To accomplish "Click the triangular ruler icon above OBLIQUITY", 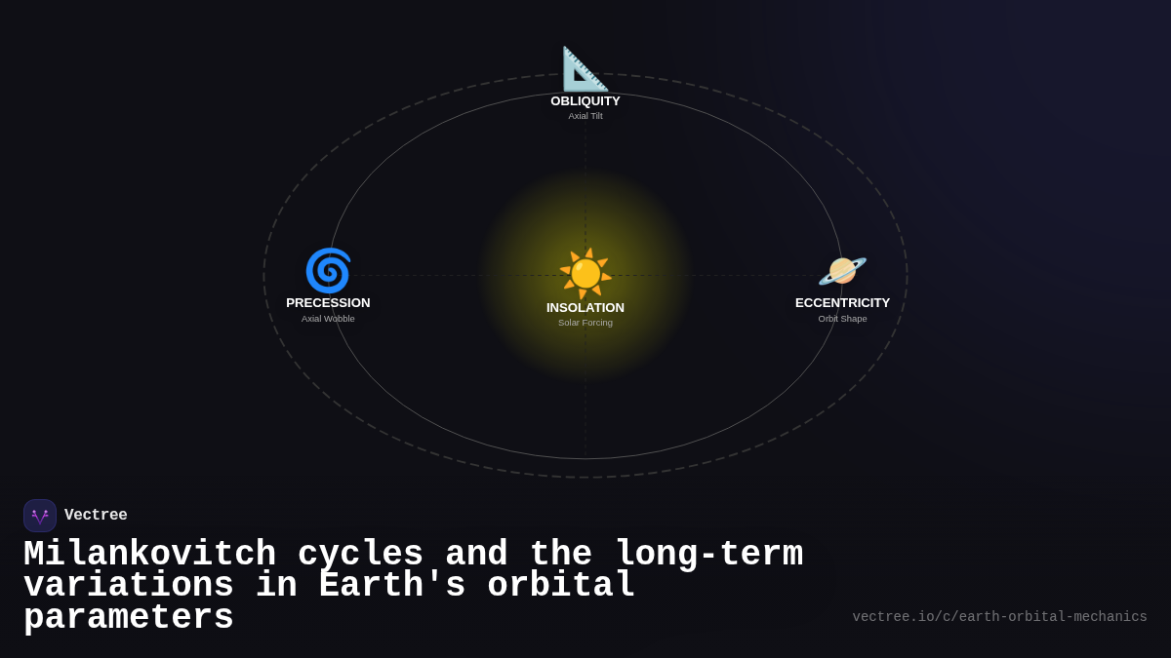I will pos(585,69).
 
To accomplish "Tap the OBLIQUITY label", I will pos(585,101).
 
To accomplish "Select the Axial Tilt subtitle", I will pos(585,116).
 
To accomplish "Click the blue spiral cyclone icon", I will pos(328,270).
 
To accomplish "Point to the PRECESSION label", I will pos(328,303).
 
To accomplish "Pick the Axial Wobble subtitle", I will pos(328,319).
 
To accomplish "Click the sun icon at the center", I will pos(585,273).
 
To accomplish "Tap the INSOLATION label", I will pos(585,308).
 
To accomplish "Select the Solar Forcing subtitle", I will pos(585,323).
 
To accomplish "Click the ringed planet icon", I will pos(842,270).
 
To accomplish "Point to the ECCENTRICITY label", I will pos(842,303).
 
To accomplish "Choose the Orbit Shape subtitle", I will pos(842,319).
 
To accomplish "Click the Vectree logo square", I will pos(40,516).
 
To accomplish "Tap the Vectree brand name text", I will pos(96,516).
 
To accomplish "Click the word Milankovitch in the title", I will pos(149,554).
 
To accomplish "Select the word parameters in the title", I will pos(128,618).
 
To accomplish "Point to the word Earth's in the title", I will pos(391,586).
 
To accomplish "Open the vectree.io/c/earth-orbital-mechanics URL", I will pos(999,617).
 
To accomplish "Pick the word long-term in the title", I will pos(708,554).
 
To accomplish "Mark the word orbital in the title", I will pos(561,586).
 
